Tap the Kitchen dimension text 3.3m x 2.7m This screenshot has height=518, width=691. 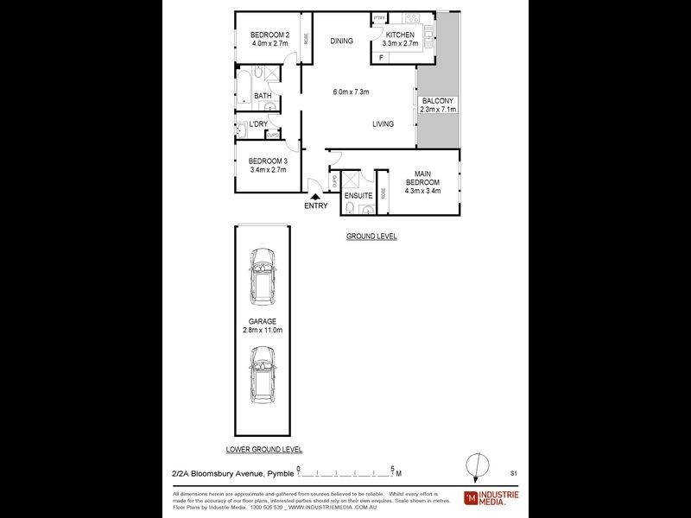tap(401, 43)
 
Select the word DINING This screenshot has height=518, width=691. tap(341, 41)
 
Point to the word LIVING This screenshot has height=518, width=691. tap(383, 124)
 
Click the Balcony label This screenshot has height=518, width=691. tap(438, 101)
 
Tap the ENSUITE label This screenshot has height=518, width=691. tap(358, 196)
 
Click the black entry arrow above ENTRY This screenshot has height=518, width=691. tap(315, 197)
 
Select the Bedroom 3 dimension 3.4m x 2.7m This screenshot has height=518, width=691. tap(268, 170)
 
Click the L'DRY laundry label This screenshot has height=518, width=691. tap(257, 124)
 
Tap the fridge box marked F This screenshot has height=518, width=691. tap(380, 58)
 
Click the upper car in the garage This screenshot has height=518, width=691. tap(260, 275)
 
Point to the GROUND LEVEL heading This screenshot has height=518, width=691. tap(371, 236)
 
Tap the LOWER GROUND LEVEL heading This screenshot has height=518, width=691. tap(263, 450)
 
